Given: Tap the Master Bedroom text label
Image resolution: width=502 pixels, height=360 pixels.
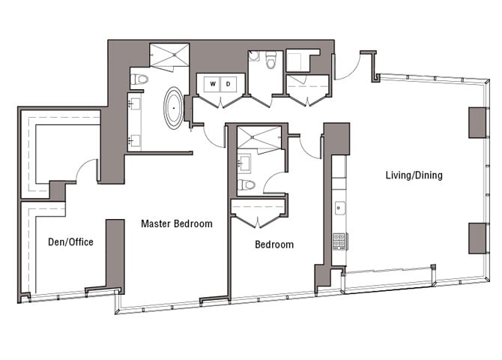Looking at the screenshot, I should coord(177,223).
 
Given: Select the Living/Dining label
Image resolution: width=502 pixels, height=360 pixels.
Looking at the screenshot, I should coord(414,175).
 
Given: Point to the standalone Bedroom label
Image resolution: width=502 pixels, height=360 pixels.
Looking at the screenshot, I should coord(274,244).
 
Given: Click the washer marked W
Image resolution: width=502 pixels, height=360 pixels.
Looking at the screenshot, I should coord(213,83).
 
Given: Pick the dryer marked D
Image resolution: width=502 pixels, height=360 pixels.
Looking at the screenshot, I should coord(229,83).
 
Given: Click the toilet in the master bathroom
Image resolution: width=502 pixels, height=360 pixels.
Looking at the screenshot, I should coord(139,79).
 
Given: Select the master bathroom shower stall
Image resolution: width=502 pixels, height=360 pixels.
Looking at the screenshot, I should coord(172,55).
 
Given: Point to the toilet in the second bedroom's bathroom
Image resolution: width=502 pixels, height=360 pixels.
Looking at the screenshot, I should coord(246,184).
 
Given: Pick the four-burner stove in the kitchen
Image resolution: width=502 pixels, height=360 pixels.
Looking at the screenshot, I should coord(339,241).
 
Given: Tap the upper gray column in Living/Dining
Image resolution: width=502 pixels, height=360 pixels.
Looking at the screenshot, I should coord(478,122).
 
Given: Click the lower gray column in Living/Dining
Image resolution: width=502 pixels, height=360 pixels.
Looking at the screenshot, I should coord(478,238).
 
